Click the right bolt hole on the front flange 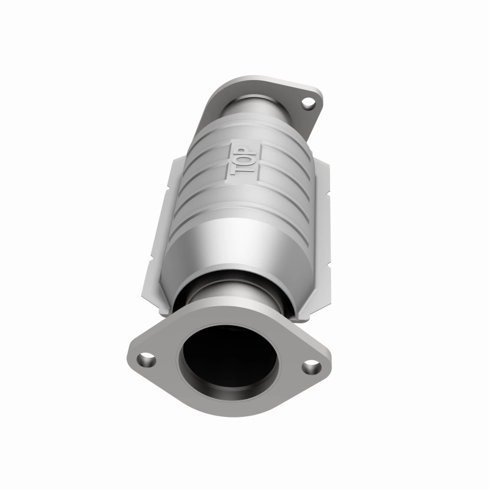[x=311, y=366]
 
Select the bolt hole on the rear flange [x=309, y=103]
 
